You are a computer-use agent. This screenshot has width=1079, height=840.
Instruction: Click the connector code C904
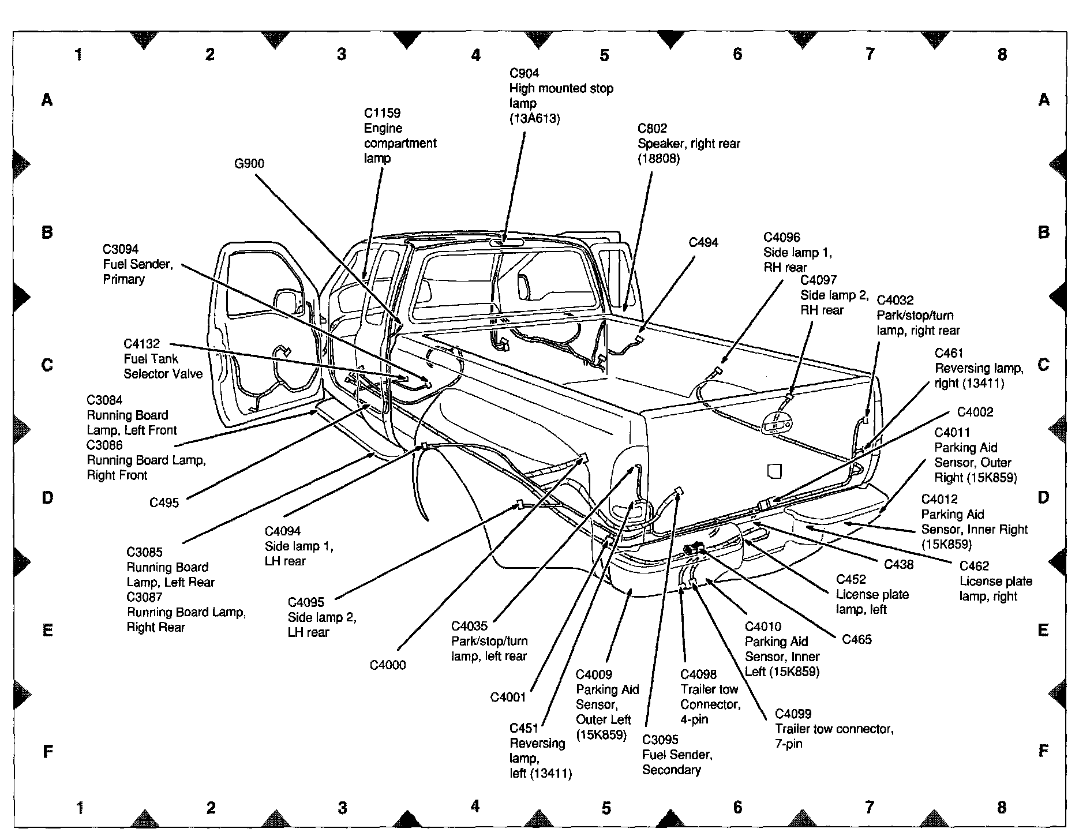[x=524, y=73]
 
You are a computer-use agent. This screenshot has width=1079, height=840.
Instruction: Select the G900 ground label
[x=249, y=164]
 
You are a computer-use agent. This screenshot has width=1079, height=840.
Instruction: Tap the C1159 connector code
[x=382, y=113]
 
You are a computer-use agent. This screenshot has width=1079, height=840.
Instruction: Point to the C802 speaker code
[x=652, y=129]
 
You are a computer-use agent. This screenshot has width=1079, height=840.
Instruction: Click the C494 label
[x=703, y=243]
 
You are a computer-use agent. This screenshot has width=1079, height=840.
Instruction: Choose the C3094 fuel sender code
[x=121, y=249]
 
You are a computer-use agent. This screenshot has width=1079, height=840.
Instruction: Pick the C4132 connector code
[x=141, y=344]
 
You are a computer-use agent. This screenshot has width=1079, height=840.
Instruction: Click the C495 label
[x=164, y=502]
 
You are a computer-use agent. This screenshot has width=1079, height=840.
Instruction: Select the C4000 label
[x=388, y=665]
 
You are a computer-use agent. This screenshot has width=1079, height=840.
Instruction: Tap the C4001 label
[x=508, y=697]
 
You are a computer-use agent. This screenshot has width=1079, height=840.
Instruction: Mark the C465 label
[x=857, y=639]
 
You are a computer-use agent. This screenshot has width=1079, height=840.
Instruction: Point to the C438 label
[x=899, y=564]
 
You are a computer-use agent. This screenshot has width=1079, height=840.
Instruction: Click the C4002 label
[x=975, y=412]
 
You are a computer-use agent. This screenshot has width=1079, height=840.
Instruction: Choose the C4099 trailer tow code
[x=793, y=714]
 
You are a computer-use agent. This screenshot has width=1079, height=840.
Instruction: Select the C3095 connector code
[x=660, y=740]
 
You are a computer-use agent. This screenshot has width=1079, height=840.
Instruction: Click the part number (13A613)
[x=534, y=118]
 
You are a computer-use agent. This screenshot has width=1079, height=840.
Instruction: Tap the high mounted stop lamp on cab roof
[x=505, y=242]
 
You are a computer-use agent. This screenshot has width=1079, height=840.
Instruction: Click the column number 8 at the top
[x=1002, y=54]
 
